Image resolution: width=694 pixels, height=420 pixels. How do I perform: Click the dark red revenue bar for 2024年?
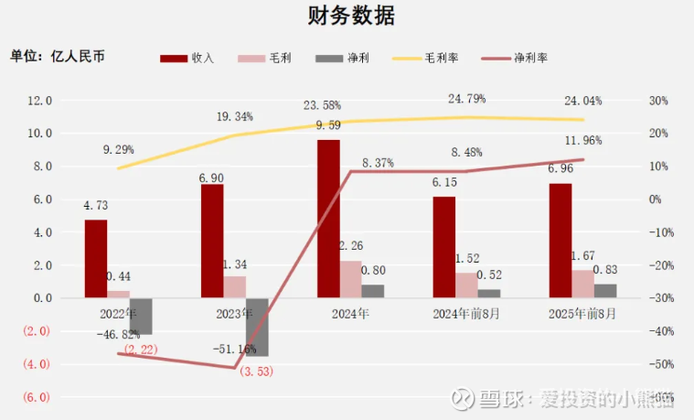(x=328, y=218)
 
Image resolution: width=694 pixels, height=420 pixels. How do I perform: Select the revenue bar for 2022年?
(x=96, y=258)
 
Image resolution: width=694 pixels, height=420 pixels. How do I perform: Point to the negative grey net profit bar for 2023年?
(x=257, y=327)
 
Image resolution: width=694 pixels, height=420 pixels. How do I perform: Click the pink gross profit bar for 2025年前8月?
(x=582, y=284)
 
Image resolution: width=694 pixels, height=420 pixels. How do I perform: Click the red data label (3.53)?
(x=256, y=371)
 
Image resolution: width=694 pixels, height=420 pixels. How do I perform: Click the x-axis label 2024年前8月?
(x=466, y=313)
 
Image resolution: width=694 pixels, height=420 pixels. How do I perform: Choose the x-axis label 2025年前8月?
(x=582, y=313)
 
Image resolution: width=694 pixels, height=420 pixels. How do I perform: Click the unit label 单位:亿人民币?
(x=58, y=56)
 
